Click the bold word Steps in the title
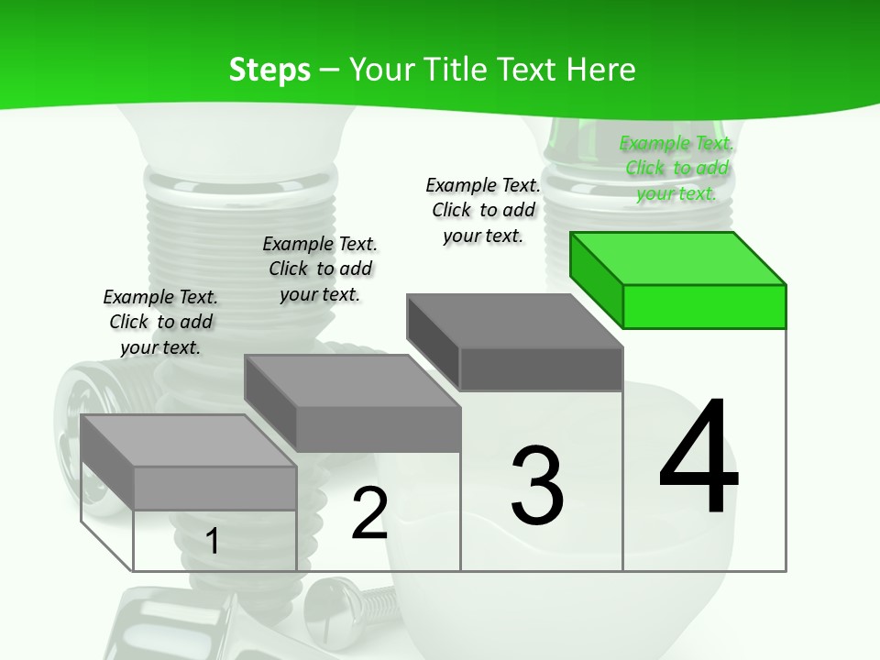[x=269, y=70]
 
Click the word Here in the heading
[x=601, y=70]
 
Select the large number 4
[x=698, y=458]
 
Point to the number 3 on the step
[x=537, y=485]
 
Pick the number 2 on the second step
[x=369, y=514]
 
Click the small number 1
[x=212, y=542]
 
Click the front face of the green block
[x=704, y=306]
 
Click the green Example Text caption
[x=676, y=169]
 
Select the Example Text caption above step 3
[x=483, y=211]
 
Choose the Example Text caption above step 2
[x=320, y=269]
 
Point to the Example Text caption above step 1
[x=160, y=322]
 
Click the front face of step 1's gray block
[x=214, y=489]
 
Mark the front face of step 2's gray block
[x=378, y=429]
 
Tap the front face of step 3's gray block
[x=541, y=368]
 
